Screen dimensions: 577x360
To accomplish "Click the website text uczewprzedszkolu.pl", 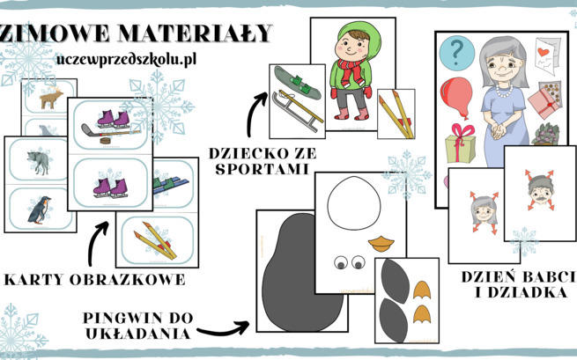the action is (x=126, y=60).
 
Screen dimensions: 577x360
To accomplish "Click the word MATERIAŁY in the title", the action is (x=196, y=33).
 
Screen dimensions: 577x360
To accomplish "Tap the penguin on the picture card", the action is (x=39, y=210).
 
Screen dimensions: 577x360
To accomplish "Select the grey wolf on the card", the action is (x=38, y=161).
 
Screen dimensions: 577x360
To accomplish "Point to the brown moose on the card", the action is (x=51, y=98).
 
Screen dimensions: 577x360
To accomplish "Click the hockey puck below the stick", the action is (x=106, y=141).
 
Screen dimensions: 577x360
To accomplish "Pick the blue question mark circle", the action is (x=456, y=53).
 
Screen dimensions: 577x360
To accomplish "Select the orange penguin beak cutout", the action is (x=381, y=244).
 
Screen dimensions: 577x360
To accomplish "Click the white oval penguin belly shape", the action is (x=353, y=203).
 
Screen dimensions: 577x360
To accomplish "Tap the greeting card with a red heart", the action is (x=547, y=56).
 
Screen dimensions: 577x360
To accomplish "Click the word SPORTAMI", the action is (x=262, y=169).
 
